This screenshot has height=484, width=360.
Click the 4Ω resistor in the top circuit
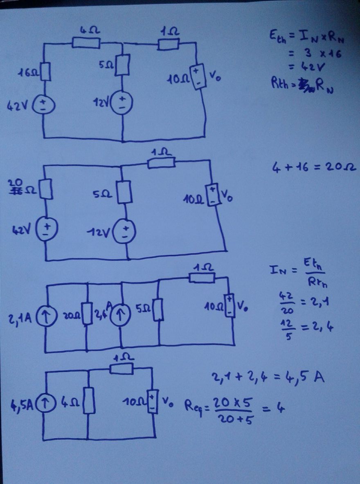[x=86, y=43]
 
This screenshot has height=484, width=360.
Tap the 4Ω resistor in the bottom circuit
[x=89, y=401]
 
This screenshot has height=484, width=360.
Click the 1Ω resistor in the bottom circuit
[x=122, y=369]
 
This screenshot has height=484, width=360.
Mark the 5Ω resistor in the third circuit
[x=158, y=309]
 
